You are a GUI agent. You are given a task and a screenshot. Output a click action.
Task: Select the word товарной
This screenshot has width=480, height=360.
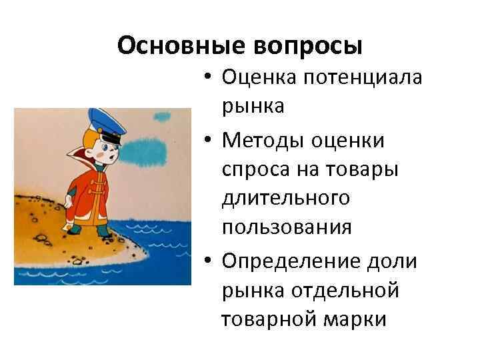(265, 319)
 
